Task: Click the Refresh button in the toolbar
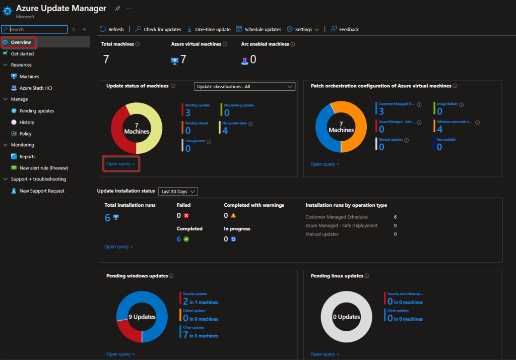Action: (111, 29)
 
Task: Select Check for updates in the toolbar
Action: (158, 29)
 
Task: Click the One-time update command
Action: (209, 29)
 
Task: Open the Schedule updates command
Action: (259, 29)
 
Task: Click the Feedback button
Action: (345, 29)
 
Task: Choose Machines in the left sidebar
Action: (29, 77)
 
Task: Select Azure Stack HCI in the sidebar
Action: (35, 88)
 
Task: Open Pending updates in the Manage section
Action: (36, 111)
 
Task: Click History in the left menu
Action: (27, 123)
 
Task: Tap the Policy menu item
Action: (25, 134)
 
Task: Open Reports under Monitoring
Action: (27, 157)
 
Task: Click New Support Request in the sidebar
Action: (41, 191)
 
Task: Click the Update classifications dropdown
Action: (244, 87)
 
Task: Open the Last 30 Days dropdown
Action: (178, 192)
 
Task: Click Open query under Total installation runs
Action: (118, 247)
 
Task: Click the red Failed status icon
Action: (186, 215)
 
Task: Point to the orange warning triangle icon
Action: (233, 215)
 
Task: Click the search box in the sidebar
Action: (35, 29)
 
